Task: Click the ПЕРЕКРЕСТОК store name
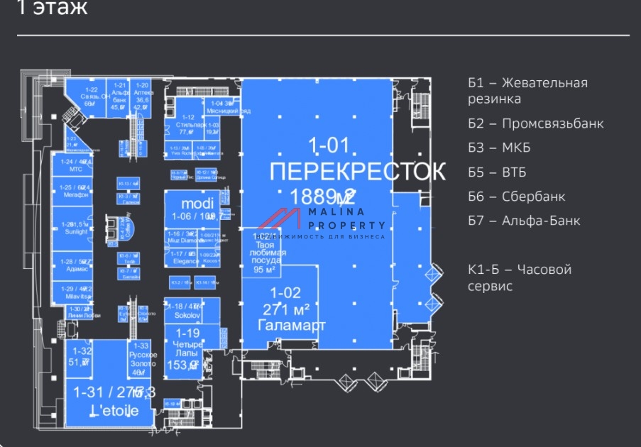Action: click(x=358, y=172)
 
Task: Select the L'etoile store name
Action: click(x=109, y=411)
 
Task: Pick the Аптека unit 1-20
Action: click(x=143, y=96)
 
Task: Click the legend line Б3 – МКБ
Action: click(x=499, y=148)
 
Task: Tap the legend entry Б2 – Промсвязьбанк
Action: click(x=536, y=123)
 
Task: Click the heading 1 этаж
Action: click(x=52, y=9)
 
